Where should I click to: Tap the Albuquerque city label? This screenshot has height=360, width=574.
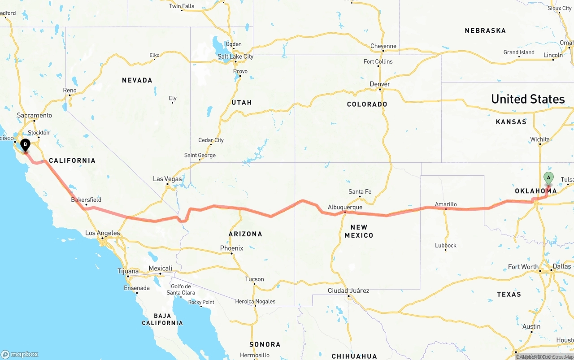(345, 207)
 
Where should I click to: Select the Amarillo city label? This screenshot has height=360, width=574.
(446, 204)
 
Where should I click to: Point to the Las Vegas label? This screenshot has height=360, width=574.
(167, 179)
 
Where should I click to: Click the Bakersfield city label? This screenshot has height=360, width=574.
(86, 200)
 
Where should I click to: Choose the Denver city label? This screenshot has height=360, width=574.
(380, 84)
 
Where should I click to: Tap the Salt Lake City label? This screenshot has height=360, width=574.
(235, 56)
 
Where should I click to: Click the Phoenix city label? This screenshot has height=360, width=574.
(231, 248)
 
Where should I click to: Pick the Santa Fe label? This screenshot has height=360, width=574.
(360, 192)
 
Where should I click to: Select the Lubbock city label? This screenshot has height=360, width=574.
(446, 245)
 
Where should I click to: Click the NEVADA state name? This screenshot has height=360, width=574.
(137, 80)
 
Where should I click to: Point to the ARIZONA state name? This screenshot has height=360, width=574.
(245, 234)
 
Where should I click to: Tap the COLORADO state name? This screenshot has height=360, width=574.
(367, 104)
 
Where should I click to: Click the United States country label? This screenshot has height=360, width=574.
(528, 99)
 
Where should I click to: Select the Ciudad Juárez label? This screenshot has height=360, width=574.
(348, 291)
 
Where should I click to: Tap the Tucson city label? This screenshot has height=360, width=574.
(254, 279)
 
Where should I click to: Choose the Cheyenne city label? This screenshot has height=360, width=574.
(383, 46)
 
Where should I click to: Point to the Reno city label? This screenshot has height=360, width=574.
(70, 91)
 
